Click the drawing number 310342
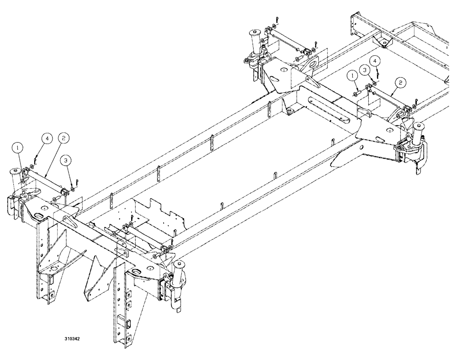(x=74, y=340)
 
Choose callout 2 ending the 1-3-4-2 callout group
(x=400, y=83)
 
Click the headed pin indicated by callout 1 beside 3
(x=356, y=94)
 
